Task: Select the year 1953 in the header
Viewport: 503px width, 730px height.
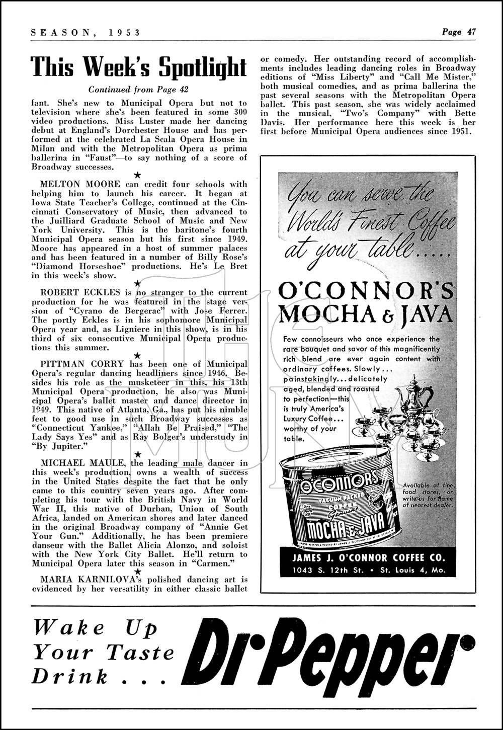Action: click(123, 32)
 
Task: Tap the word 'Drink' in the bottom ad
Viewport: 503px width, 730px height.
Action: click(70, 677)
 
